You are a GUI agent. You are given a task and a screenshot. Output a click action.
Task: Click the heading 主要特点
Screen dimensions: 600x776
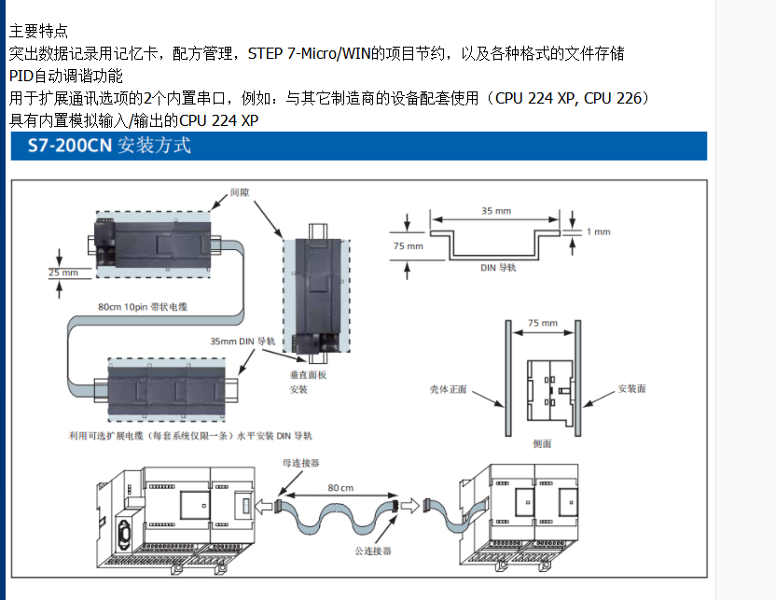click(38, 32)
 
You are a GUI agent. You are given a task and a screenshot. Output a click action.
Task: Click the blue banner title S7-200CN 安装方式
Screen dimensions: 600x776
click(103, 146)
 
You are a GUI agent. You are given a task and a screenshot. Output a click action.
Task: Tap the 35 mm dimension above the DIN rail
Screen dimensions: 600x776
click(495, 211)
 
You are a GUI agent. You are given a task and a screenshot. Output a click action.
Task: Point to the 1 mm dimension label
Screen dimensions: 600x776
click(598, 231)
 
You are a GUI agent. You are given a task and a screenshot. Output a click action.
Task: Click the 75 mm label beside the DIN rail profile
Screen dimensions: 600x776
click(408, 246)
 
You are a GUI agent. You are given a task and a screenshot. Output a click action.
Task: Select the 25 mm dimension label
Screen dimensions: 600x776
click(63, 272)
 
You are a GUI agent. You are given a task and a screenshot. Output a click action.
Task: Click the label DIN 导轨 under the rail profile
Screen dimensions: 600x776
click(498, 267)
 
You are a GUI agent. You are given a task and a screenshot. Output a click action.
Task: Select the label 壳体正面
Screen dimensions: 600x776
click(448, 388)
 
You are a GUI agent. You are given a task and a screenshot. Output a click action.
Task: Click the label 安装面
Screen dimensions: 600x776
click(631, 388)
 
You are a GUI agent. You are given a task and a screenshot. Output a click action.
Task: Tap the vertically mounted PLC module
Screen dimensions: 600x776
click(317, 295)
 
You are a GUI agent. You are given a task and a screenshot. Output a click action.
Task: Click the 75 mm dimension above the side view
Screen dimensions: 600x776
click(542, 323)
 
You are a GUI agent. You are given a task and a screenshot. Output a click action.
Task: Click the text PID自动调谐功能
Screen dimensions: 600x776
click(65, 76)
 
